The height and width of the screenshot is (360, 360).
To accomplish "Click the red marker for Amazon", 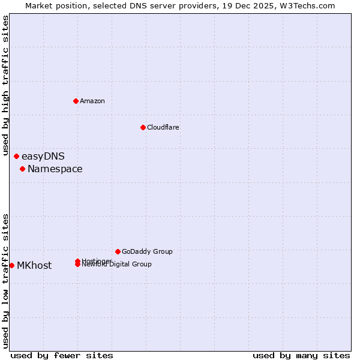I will click(76, 101).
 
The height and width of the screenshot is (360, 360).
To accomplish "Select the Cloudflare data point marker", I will click(143, 127).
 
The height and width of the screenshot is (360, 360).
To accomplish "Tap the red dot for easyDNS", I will click(17, 157).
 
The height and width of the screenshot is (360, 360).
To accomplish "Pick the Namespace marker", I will click(22, 169).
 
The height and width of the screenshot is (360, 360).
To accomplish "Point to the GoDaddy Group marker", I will click(118, 251).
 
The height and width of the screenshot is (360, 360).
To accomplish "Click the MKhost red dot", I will click(12, 265).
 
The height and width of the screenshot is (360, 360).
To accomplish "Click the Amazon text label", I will click(92, 101).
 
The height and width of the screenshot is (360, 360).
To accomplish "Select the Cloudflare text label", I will click(163, 127).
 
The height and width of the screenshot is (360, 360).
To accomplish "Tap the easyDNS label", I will click(43, 157).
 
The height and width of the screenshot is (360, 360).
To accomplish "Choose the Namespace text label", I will click(55, 169).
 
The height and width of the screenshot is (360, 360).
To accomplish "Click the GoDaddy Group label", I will click(147, 251).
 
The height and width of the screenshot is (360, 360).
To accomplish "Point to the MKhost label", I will click(34, 266).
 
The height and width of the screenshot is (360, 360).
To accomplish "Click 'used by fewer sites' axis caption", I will click(62, 355).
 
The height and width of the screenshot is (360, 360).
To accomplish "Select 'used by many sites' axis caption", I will click(301, 355).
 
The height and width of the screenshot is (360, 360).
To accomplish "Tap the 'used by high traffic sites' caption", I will click(6, 85).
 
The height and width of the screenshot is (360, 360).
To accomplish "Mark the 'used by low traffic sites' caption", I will click(6, 281).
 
